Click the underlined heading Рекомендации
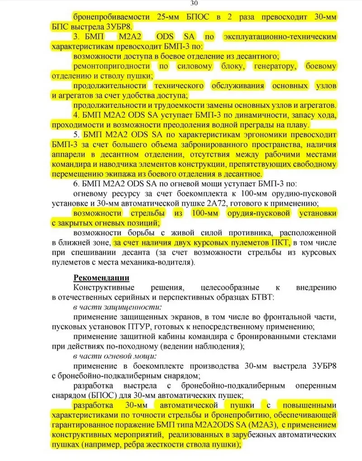click(102, 277)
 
